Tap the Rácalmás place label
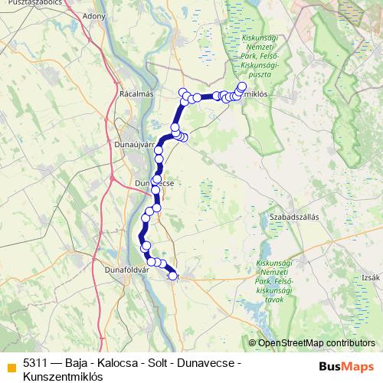(137, 93)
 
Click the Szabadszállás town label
(294, 217)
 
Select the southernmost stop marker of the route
(173, 276)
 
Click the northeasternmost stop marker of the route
(243, 87)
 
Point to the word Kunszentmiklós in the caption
(63, 377)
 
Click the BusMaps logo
(347, 366)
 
